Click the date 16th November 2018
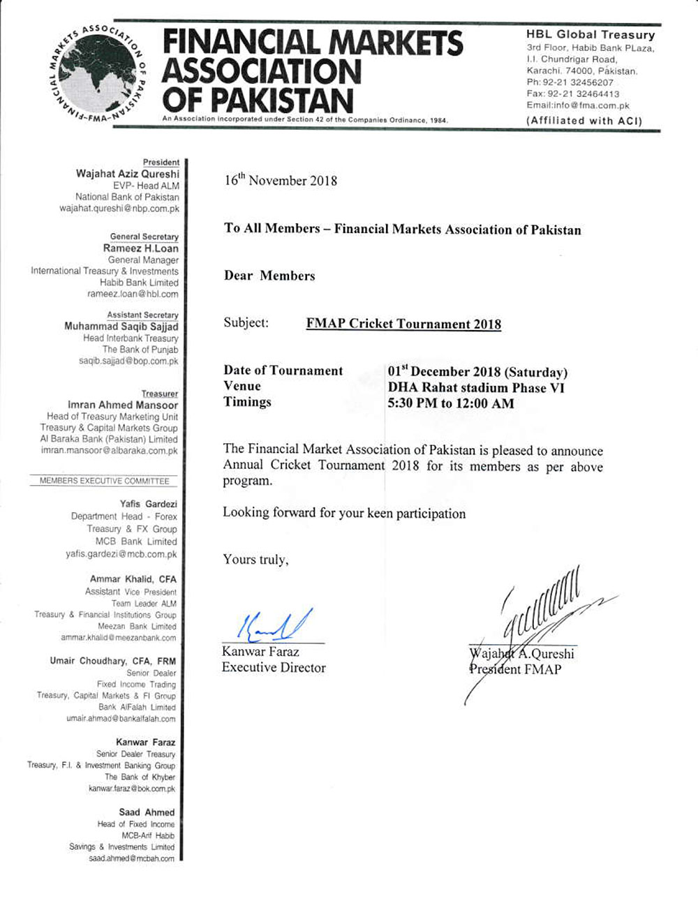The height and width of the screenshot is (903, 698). click(x=281, y=181)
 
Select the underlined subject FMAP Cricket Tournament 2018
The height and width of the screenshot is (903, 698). click(x=403, y=324)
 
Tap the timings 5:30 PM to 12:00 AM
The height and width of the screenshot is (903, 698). click(x=451, y=403)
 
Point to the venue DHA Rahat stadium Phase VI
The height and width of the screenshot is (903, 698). click(x=477, y=388)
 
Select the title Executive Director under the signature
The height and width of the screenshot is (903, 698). click(x=274, y=668)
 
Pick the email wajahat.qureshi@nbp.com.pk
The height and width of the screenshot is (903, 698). click(x=119, y=209)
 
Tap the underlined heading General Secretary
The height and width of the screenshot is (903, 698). click(x=144, y=237)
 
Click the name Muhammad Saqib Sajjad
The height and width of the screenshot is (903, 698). click(x=121, y=327)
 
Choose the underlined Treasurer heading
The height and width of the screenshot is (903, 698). click(x=160, y=394)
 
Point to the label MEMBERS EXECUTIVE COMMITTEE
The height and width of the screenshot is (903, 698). click(x=104, y=481)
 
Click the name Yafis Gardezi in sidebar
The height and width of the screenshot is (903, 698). click(x=148, y=504)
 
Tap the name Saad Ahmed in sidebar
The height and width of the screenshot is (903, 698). click(x=147, y=812)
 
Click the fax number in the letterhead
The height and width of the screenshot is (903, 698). click(x=573, y=94)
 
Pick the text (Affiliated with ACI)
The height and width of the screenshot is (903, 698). click(x=584, y=121)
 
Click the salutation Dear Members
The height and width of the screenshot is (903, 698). click(x=269, y=276)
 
